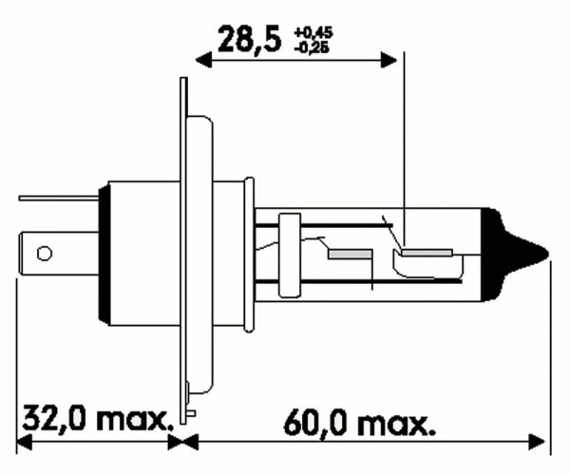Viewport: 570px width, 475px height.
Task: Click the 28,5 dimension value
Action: (250, 40)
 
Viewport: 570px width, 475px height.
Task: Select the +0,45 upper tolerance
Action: (315, 32)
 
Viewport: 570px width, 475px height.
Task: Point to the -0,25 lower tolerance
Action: (315, 47)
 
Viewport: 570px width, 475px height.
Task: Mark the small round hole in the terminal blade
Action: (43, 253)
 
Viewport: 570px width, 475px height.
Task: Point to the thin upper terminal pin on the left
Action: (57, 199)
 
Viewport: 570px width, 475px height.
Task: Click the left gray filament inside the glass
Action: (348, 256)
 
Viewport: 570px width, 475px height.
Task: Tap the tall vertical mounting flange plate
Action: (184, 247)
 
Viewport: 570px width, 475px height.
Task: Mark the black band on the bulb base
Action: (104, 252)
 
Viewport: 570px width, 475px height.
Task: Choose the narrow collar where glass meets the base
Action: (249, 252)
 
